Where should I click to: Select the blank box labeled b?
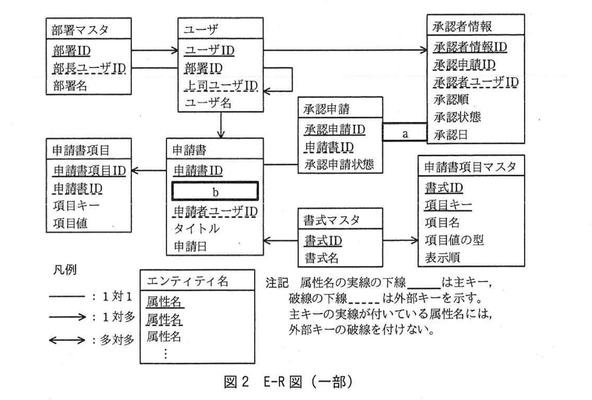coord(215,191)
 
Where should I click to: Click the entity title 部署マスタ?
coord(80,30)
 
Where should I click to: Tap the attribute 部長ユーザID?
coord(89,68)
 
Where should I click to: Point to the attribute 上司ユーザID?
coord(221,86)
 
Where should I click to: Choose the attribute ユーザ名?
coord(208,103)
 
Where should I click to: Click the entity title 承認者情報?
coord(462,26)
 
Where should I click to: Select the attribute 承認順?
coord(451,99)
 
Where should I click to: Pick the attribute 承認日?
coord(450,135)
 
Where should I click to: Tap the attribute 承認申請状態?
coord(339,164)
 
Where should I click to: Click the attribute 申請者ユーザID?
coord(216,211)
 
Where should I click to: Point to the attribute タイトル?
coord(196,229)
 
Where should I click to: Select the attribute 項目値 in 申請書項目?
coord(70,223)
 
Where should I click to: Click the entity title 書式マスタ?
coord(331,220)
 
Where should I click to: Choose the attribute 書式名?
coord(321,258)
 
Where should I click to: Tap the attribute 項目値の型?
coord(454,240)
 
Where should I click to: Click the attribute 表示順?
coord(442,257)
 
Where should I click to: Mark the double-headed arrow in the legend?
coord(67,340)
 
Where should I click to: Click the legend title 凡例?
coord(65,270)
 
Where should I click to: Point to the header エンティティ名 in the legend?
coord(188,281)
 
